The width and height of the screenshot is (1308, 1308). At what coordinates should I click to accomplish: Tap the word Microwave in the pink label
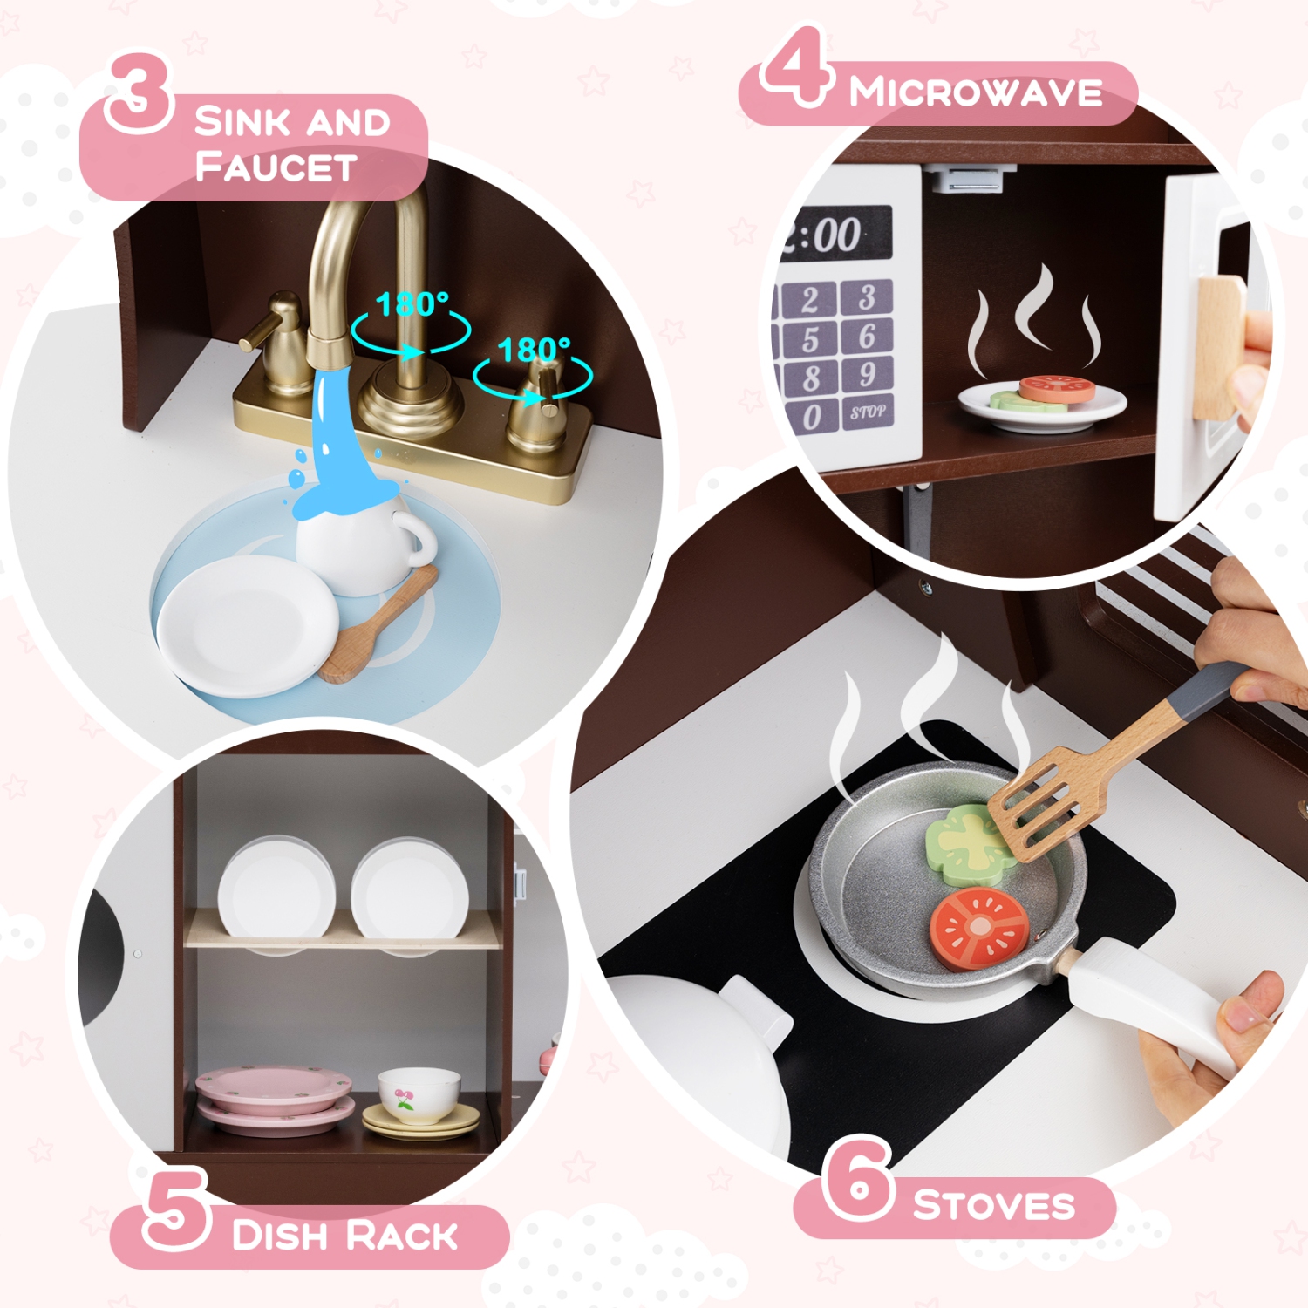click(x=976, y=92)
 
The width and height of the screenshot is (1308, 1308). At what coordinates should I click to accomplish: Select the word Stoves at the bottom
click(x=993, y=1206)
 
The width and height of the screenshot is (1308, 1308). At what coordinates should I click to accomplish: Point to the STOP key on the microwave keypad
click(x=867, y=412)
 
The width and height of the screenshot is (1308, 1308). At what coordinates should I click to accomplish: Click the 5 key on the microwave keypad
click(x=810, y=338)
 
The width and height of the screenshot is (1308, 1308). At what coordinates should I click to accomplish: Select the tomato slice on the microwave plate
click(x=1056, y=388)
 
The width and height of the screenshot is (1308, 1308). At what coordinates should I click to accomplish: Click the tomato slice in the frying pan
click(x=978, y=928)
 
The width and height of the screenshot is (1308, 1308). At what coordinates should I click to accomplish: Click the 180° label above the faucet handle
click(x=534, y=351)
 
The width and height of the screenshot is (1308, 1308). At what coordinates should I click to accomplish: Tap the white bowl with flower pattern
click(x=419, y=1093)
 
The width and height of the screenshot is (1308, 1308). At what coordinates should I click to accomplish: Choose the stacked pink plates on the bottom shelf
click(x=275, y=1100)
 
